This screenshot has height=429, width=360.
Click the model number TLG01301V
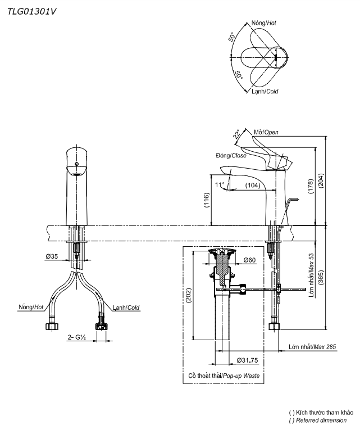tap(32, 11)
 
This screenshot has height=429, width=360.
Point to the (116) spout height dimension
tap(207, 201)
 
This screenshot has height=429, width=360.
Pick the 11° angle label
tap(219, 184)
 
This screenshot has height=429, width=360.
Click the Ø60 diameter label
tap(249, 260)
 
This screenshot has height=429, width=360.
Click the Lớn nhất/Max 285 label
tap(312, 347)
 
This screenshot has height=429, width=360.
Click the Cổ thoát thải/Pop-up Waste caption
tap(224, 375)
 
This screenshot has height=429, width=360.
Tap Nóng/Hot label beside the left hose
tap(30, 307)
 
